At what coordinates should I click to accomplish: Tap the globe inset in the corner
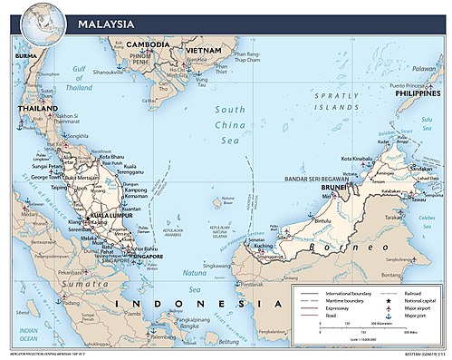(x=39, y=24)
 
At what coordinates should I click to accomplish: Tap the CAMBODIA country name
(x=148, y=44)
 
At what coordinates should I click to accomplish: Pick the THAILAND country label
(x=34, y=109)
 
